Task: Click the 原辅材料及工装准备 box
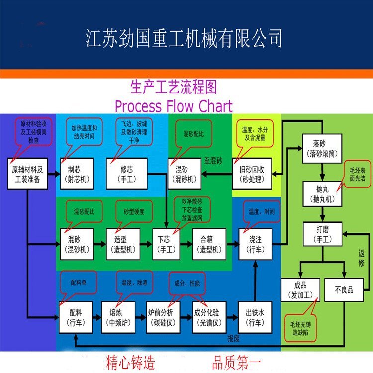coord(28,174)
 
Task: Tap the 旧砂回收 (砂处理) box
coord(253,173)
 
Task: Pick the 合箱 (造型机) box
coord(209,244)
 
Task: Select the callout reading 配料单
coord(79,283)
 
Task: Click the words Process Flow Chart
coord(173,106)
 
